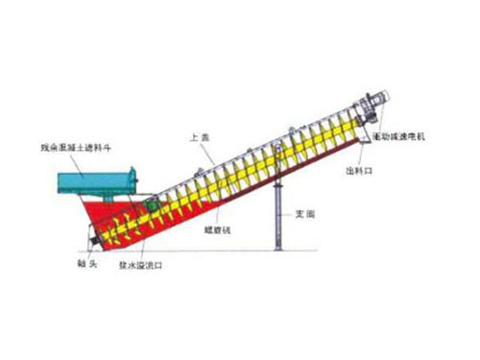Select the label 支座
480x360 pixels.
(x=305, y=213)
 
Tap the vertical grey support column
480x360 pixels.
(x=276, y=216)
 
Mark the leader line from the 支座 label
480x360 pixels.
(x=290, y=213)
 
